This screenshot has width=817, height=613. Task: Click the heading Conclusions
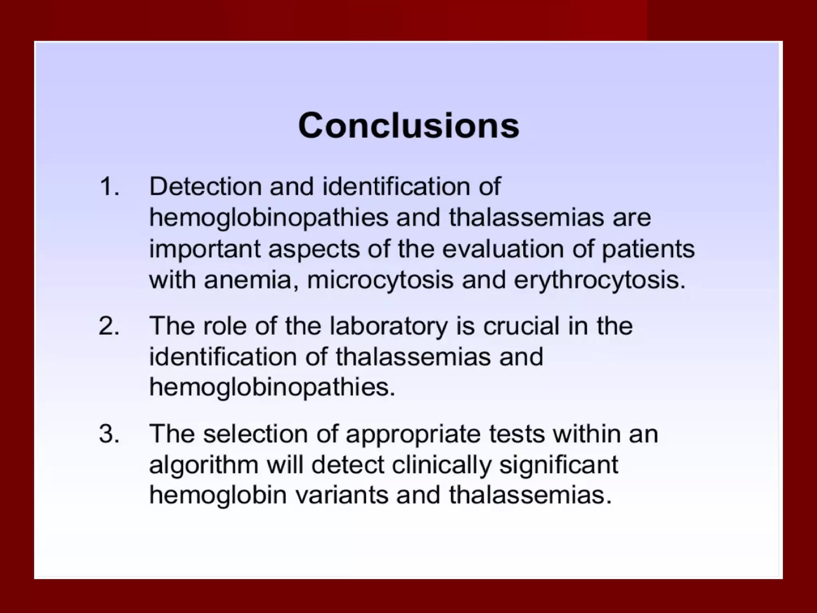point(408,125)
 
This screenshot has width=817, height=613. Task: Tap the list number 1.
point(109,186)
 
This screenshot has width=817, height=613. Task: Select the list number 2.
point(109,326)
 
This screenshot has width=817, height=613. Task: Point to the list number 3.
point(109,434)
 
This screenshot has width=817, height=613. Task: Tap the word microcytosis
point(380,280)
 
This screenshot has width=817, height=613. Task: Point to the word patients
point(648,249)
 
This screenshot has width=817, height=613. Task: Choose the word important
point(205,249)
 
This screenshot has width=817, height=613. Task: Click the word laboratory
point(389,326)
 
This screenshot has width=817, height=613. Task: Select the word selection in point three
point(255,434)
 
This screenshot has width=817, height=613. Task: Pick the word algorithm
point(204,465)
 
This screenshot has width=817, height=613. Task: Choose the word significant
point(558,465)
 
